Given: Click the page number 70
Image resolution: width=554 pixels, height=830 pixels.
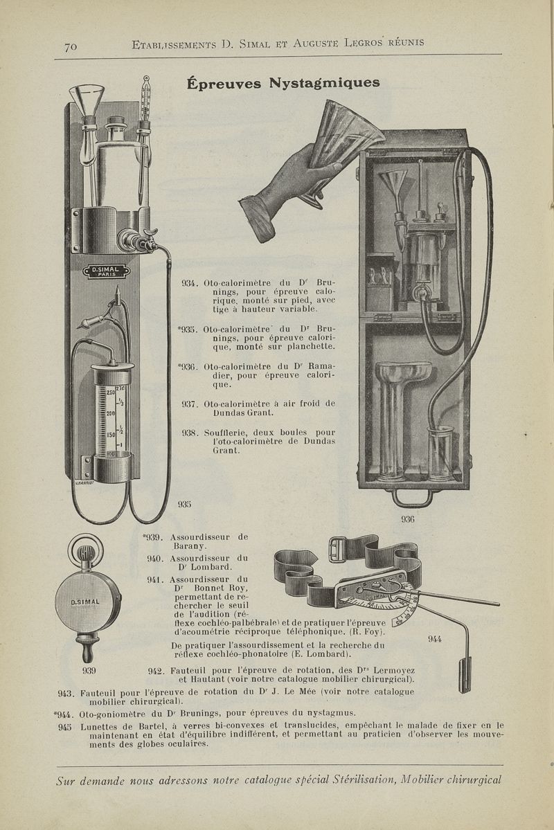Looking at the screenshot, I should click(x=70, y=46).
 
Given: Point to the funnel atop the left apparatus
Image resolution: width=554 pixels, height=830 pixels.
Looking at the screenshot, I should click(x=91, y=96).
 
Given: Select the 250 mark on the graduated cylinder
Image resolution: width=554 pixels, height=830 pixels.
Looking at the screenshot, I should click(x=109, y=392).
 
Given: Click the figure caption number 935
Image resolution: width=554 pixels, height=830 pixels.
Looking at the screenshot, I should click(x=184, y=504).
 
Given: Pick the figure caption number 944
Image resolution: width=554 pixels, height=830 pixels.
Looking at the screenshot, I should click(x=435, y=638).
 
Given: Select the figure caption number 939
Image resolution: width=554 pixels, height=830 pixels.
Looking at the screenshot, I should click(x=89, y=669).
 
